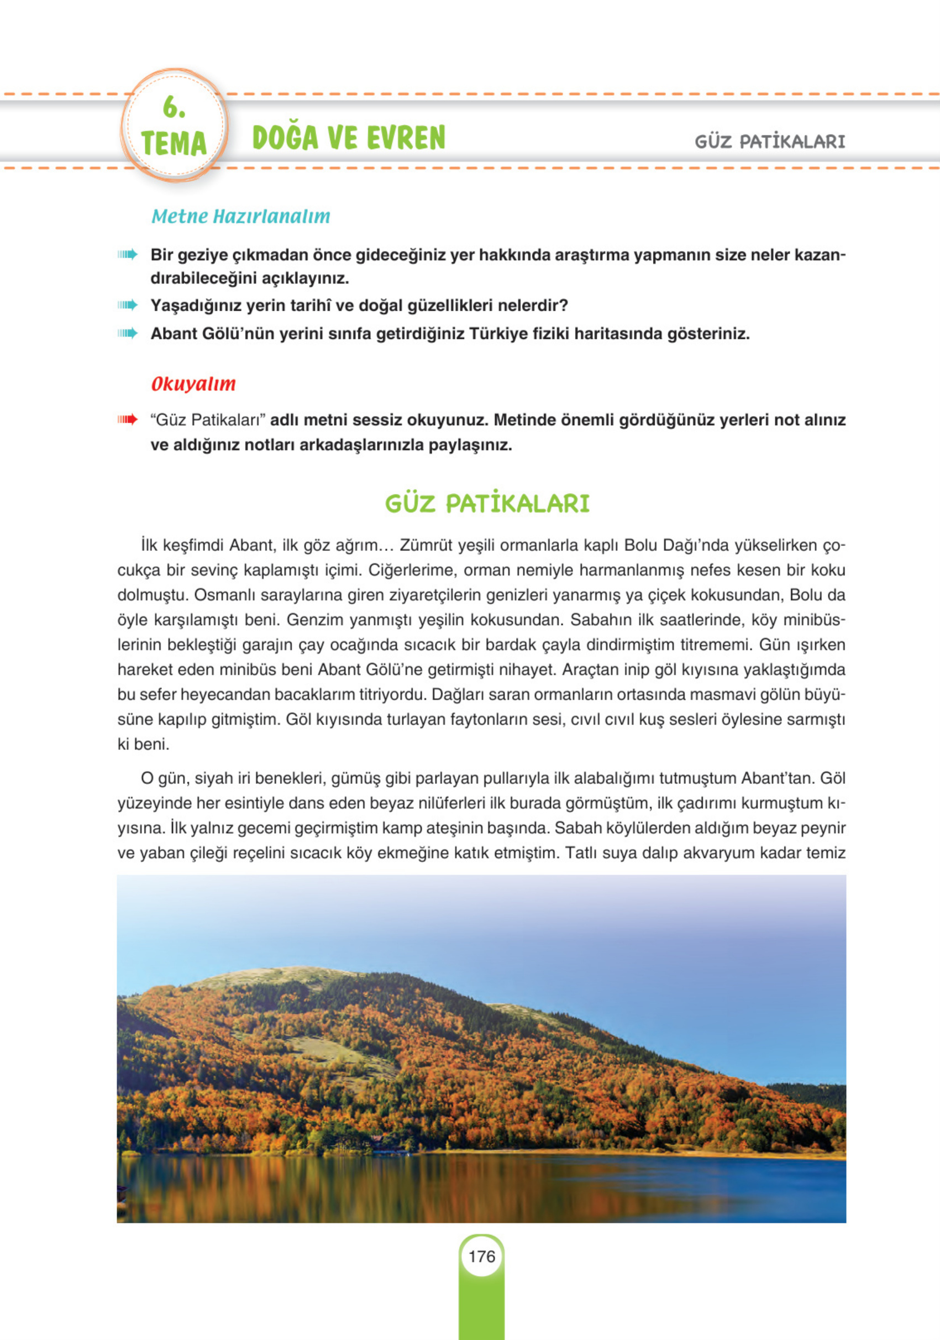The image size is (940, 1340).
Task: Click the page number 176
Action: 481,1256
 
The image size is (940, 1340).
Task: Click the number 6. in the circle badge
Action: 174,107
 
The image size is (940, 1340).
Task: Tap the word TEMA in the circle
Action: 174,144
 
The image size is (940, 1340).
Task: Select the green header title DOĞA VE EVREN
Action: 348,138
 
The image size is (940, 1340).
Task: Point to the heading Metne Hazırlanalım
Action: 240,217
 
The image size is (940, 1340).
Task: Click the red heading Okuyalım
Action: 193,384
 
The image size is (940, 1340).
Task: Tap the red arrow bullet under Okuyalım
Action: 127,419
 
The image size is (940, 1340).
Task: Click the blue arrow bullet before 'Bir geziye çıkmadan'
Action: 127,254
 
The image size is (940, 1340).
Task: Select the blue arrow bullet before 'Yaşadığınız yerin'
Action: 127,305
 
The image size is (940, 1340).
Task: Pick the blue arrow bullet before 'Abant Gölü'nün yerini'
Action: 127,333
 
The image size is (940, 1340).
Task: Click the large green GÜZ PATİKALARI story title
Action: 487,504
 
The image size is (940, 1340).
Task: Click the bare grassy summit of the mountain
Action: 269,976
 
